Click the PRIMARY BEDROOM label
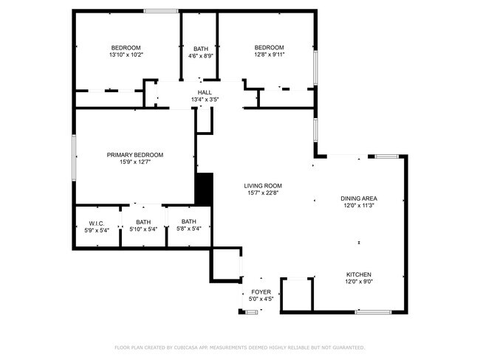tap(135, 155)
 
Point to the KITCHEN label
tap(359, 274)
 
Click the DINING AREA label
tap(359, 198)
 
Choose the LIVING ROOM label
tap(264, 186)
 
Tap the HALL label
tap(205, 92)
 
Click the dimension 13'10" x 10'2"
tap(126, 55)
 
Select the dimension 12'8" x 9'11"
tap(269, 54)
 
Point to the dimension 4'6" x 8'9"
tap(200, 55)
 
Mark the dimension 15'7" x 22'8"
tap(264, 193)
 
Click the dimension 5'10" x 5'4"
tap(143, 229)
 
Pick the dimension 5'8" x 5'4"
tap(189, 229)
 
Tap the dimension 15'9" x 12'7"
tap(135, 162)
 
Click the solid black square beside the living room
tap(203, 189)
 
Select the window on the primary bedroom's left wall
tap(74, 156)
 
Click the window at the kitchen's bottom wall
tap(372, 312)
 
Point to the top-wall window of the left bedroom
tap(160, 10)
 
